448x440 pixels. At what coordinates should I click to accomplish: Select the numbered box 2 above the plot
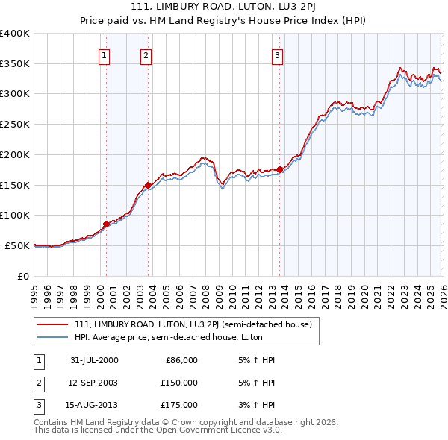click(x=146, y=54)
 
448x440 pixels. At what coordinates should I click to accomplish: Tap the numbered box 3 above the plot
click(x=277, y=54)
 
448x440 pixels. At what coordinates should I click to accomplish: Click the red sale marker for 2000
click(x=106, y=224)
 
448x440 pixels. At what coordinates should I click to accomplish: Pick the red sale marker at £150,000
click(x=148, y=185)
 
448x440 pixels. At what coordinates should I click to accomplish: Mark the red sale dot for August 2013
click(x=280, y=170)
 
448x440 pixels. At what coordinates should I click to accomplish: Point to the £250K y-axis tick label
click(x=15, y=124)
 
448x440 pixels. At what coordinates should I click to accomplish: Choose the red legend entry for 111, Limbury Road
click(x=197, y=324)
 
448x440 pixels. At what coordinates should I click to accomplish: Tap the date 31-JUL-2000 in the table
click(x=94, y=360)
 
